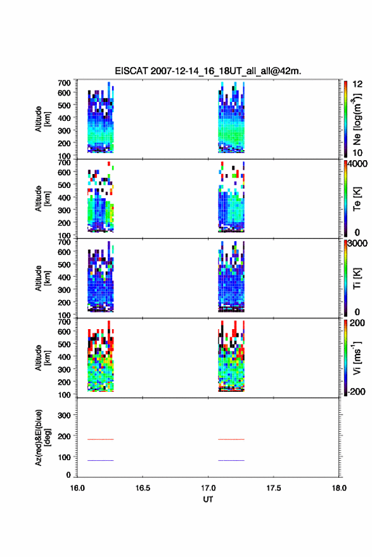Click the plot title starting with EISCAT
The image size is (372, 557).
point(208,71)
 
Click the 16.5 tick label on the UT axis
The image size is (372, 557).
point(143,488)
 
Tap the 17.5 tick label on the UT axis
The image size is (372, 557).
point(274,488)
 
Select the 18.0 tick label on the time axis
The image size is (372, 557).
point(339,488)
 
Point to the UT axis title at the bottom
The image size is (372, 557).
point(208,499)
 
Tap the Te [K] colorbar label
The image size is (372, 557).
point(357,199)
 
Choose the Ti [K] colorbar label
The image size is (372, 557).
point(357,278)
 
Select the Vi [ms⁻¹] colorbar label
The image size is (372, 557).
point(357,358)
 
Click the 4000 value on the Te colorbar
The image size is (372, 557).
point(357,164)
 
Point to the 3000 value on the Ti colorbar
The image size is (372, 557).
point(357,243)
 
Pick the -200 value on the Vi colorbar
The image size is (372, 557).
point(356,391)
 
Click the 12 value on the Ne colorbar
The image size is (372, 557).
point(357,84)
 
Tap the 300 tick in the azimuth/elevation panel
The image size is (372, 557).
point(64,415)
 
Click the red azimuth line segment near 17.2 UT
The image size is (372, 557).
point(231,439)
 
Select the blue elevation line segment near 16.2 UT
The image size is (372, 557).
point(101,460)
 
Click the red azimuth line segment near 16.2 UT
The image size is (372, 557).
point(101,439)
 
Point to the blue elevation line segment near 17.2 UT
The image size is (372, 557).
point(231,460)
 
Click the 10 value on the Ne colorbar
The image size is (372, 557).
point(357,153)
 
